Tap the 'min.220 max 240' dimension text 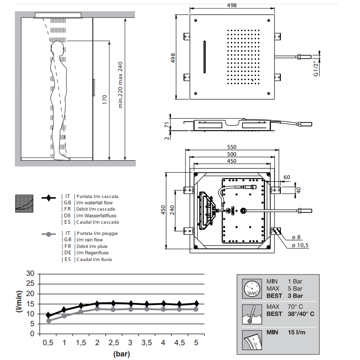[120, 85]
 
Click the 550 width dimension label [232, 147]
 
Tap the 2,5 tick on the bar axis [113, 343]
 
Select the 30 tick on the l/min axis [30, 273]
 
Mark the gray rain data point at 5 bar [196, 309]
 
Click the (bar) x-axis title [121, 354]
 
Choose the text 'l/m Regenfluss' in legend [94, 253]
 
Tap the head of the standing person [57, 48]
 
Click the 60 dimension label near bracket [287, 177]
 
